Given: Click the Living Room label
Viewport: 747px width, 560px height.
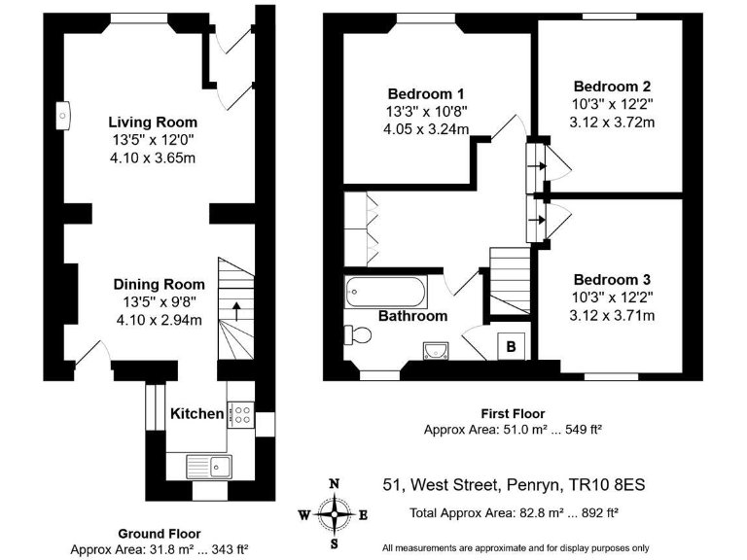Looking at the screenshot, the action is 153,122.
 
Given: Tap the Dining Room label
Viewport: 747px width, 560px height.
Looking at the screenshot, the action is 160,284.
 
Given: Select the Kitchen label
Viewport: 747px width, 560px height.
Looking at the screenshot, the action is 196,414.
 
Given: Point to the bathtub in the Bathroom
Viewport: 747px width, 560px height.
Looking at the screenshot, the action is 386,292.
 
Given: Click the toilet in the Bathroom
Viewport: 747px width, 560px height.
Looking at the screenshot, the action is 358,334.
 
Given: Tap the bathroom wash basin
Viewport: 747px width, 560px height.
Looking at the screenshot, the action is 436,350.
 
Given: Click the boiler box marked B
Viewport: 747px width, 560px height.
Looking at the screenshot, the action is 512,346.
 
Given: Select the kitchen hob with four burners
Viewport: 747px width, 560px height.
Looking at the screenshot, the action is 240,415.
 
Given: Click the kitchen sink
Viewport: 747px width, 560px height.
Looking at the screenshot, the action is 209,467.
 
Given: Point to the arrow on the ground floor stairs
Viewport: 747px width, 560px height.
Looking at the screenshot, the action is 235,311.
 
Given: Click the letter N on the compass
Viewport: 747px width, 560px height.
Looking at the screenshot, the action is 335,484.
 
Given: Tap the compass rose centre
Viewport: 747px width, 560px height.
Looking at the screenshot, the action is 335,514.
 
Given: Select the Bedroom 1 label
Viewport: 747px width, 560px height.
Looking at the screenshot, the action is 425,93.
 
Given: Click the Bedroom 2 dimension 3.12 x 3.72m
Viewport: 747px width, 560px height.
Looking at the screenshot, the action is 612,122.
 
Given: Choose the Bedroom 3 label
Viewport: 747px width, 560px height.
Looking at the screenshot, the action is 612,280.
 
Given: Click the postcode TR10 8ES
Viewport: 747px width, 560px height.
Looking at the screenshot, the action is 607,485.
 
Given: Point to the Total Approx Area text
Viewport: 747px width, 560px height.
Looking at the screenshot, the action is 514,513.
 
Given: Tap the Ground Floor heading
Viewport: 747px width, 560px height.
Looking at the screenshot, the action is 160,534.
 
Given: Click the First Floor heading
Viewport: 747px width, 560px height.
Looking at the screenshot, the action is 513,414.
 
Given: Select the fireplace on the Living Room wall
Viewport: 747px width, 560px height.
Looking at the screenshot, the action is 63,116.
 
